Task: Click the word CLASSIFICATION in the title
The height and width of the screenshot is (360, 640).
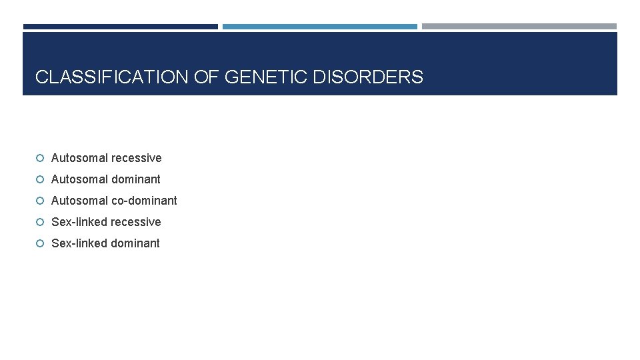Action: tap(112, 77)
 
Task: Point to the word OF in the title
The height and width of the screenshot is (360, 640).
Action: tap(207, 77)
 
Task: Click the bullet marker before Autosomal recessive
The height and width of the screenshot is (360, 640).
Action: tap(40, 158)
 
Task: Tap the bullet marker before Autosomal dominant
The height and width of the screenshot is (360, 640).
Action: tap(40, 179)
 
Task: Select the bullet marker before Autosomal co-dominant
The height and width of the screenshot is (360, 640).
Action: tap(40, 201)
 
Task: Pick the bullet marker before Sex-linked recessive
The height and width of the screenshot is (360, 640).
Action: tap(40, 222)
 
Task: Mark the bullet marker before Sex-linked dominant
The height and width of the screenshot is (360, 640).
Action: tap(40, 243)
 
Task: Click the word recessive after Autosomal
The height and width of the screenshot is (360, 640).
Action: tap(136, 158)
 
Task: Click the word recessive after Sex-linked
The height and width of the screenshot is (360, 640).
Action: tap(135, 222)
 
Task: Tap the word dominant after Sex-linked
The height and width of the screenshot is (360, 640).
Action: tap(135, 243)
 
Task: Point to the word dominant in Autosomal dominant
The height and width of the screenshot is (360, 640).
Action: tap(135, 179)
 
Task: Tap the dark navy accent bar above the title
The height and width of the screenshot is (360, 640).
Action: tap(120, 27)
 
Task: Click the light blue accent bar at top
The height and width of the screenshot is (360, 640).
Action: tap(319, 27)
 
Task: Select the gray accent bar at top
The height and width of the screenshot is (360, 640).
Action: tap(519, 27)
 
